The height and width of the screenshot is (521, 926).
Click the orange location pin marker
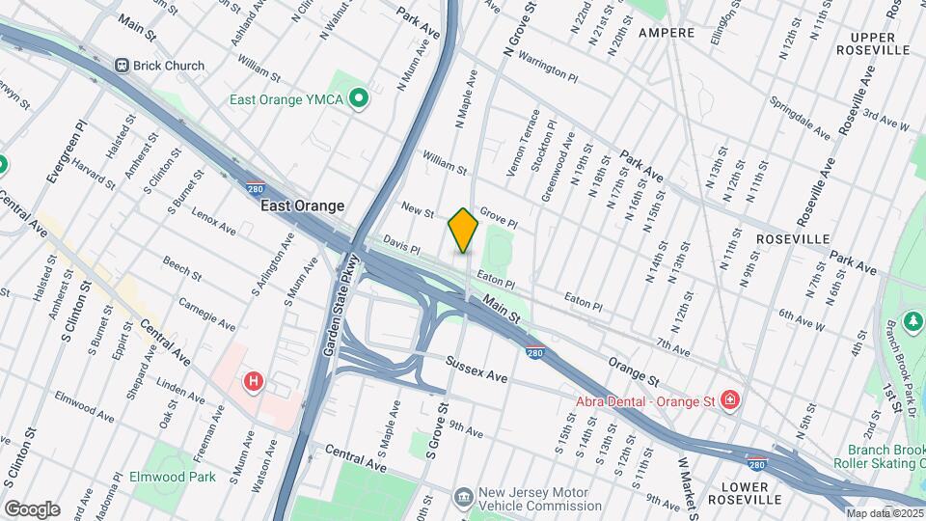pos(463,230)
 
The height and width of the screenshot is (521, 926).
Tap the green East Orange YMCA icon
pos(359,99)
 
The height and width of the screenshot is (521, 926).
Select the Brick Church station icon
pos(123,66)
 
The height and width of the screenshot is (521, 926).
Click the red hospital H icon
pos(254,382)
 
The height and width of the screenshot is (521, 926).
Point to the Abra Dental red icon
pos(730,398)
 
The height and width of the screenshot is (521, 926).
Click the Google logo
pos(32,509)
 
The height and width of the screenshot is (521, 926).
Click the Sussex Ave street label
pos(476,369)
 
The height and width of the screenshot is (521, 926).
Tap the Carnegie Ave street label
pos(207,314)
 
